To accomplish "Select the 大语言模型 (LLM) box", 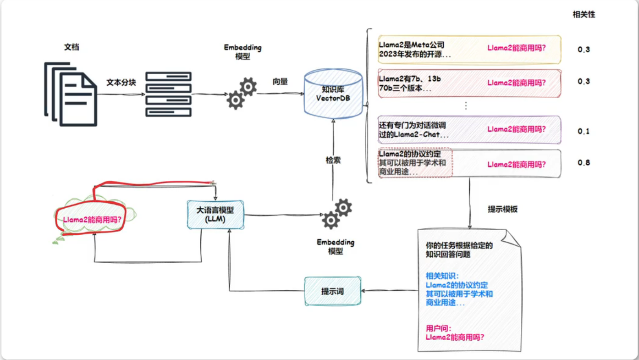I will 215,215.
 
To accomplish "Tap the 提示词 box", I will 333,291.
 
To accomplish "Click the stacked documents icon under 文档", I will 71,94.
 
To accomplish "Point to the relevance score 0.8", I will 584,163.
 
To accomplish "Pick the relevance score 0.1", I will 584,132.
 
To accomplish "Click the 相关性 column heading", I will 584,15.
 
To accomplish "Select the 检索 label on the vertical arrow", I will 333,161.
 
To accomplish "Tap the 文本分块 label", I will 121,83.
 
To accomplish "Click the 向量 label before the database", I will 280,82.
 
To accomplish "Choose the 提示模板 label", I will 503,209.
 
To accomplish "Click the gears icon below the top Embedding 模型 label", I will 242,93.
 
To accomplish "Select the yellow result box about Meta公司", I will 469,50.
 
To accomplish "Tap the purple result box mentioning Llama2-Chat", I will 469,130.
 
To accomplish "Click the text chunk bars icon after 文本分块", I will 168,94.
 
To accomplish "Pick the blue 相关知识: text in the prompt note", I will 442,276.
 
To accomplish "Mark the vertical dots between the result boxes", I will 466,106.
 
